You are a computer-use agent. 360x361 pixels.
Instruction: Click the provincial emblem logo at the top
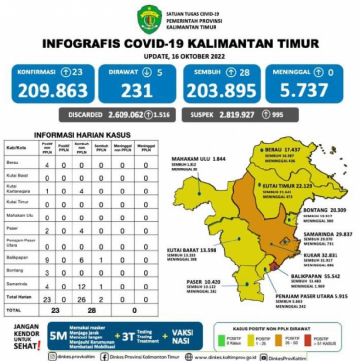(x=149, y=19)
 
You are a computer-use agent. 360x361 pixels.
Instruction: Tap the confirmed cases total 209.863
(x=52, y=91)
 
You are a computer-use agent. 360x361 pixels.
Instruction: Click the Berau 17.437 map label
(x=282, y=148)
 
